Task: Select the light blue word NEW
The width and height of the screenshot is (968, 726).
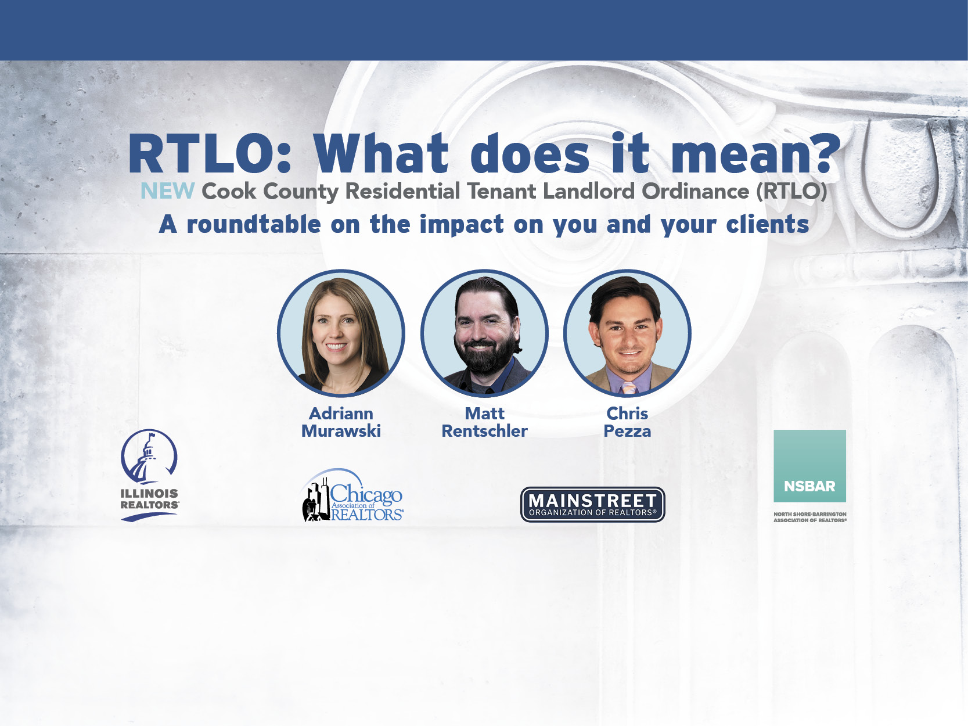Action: coord(167,192)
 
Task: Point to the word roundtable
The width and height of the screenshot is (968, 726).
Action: coord(254,224)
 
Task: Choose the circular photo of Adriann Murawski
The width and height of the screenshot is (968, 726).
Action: coord(341,333)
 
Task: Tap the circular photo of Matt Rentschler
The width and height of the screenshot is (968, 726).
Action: coord(484,333)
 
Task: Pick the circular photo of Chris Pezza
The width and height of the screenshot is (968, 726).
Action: coord(627,333)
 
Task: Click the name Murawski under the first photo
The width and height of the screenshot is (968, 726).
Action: coord(341,431)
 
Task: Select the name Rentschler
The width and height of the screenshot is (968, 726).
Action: coord(484,431)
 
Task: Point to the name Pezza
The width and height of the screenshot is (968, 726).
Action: coord(627,431)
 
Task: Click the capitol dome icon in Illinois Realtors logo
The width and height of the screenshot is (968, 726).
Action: coord(149,457)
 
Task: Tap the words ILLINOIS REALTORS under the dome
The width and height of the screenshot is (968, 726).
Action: coord(150,499)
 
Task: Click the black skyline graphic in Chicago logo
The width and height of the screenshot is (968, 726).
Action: coord(316,502)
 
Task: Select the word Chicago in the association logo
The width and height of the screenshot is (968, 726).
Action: coord(366,494)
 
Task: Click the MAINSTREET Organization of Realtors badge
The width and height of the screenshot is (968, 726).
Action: coord(593,505)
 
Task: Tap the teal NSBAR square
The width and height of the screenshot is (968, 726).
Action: coord(809,466)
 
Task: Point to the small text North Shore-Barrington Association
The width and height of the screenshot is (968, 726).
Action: coord(810,517)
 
